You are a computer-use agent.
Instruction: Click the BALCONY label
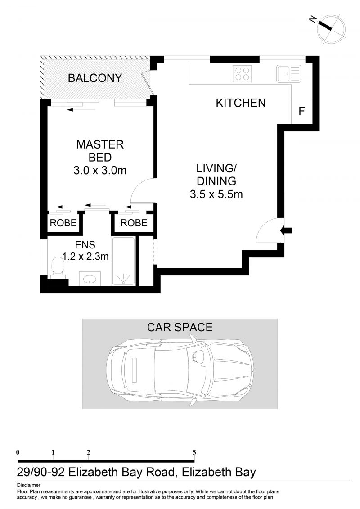coord(95,78)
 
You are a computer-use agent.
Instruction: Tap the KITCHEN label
coord(241,103)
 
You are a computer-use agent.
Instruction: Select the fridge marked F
coord(302,111)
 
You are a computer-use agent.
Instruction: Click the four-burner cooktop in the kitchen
coord(242,74)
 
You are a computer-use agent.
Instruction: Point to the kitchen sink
coord(288,74)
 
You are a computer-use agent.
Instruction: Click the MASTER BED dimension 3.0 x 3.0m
coord(100,170)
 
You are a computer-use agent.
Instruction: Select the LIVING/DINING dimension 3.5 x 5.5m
coord(216,194)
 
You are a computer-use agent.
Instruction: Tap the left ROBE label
coord(63,223)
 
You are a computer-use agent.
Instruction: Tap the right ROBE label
coord(134,223)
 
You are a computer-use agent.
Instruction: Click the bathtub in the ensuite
coord(123,261)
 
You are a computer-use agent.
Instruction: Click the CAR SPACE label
coord(180,327)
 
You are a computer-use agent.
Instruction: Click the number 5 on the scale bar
coord(194,452)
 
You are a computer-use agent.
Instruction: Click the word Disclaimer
coord(28,485)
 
